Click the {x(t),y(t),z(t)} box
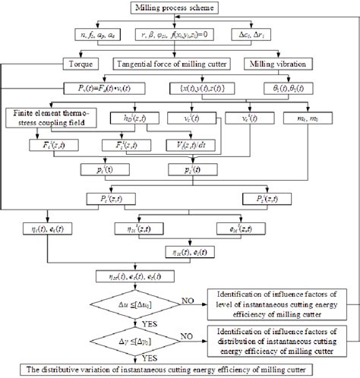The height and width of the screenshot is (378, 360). tap(199, 90)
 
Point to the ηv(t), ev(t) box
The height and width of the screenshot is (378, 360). tap(50, 228)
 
